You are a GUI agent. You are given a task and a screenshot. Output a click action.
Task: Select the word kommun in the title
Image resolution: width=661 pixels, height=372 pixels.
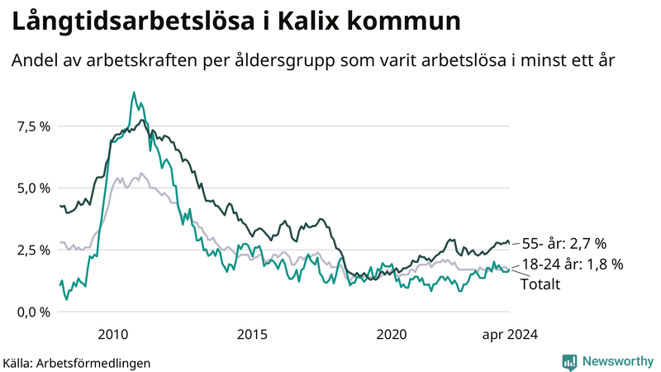pyautogui.click(x=412, y=22)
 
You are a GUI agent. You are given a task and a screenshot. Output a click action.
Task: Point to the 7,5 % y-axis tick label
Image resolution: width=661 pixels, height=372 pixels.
pyautogui.click(x=34, y=126)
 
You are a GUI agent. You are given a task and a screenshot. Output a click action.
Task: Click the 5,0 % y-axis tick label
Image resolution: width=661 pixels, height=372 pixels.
pyautogui.click(x=34, y=188)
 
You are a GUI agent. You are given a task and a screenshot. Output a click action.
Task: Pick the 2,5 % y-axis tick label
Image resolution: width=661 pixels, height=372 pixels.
pyautogui.click(x=34, y=250)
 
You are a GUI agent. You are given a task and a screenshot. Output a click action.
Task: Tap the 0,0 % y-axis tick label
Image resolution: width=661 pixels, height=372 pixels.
pyautogui.click(x=34, y=312)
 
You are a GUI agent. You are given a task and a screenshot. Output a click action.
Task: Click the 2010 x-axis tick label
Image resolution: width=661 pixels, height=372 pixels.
pyautogui.click(x=112, y=335)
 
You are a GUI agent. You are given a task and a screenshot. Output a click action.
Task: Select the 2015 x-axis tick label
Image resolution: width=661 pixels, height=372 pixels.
pyautogui.click(x=252, y=335)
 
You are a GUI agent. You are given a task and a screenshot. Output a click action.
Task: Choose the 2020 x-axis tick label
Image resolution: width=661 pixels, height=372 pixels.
pyautogui.click(x=392, y=335)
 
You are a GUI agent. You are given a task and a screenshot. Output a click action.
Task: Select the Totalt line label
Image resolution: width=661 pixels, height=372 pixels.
pyautogui.click(x=540, y=284)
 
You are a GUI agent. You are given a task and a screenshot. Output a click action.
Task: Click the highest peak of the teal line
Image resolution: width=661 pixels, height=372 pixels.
pyautogui.click(x=134, y=93)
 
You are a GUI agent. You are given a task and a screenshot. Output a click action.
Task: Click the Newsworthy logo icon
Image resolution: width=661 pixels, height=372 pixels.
pyautogui.click(x=569, y=361)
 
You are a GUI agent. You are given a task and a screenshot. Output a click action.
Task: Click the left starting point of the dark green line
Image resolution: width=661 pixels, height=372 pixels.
pyautogui.click(x=60, y=206)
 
